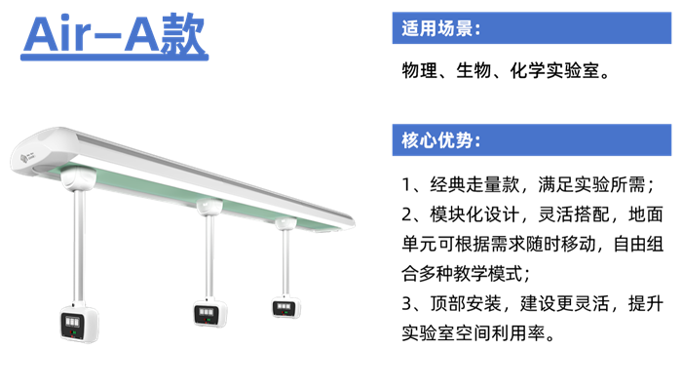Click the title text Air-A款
[x=114, y=35]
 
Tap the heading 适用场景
[x=437, y=28]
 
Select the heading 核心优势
[x=437, y=140]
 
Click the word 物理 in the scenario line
[x=419, y=70]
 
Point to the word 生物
[x=474, y=70]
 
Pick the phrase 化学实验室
[x=554, y=70]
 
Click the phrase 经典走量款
[x=474, y=184]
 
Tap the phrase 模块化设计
[x=474, y=214]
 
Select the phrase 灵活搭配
[x=574, y=214]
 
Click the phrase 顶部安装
[x=466, y=303]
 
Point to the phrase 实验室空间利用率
[x=474, y=333]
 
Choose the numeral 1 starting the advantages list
[x=406, y=185]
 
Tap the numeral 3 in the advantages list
[x=406, y=304]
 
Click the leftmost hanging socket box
[x=79, y=323]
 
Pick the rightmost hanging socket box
[x=286, y=308]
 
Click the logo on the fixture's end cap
[x=27, y=157]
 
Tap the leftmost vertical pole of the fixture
[x=80, y=247]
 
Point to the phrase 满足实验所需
[x=591, y=184]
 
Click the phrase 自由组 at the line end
[x=638, y=244]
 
